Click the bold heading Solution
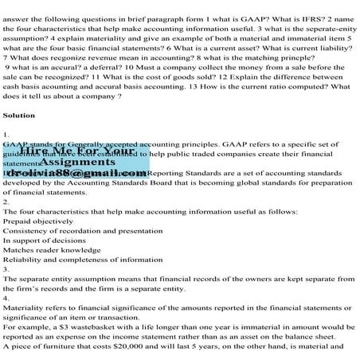point(18,115)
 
